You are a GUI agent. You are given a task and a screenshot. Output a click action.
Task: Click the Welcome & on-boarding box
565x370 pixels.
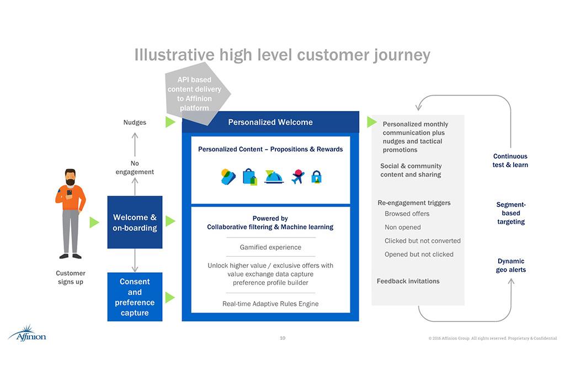coord(135,222)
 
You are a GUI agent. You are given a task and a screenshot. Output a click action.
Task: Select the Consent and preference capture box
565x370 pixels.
coord(135,297)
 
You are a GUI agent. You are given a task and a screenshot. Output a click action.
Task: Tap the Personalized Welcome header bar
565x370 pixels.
coord(270,122)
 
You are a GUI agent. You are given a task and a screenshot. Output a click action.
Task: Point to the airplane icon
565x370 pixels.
coord(298,176)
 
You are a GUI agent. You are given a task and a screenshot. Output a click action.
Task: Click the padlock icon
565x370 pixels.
coord(316,177)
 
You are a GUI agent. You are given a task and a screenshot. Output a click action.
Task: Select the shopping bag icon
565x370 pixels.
coord(250,177)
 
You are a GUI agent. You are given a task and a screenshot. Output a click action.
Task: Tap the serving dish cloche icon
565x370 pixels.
coord(274,177)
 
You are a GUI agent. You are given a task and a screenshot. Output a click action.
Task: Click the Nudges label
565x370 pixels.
coord(135,122)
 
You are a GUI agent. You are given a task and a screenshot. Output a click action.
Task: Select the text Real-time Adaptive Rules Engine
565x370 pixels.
coord(270,304)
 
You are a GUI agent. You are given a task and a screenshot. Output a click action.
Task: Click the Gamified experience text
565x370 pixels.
coord(270,247)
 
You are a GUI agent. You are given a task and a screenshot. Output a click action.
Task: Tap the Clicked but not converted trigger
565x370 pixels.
coord(422,241)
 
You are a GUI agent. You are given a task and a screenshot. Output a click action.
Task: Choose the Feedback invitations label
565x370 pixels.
coord(408,281)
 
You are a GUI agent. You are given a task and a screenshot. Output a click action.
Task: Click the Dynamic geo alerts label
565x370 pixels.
coord(511,266)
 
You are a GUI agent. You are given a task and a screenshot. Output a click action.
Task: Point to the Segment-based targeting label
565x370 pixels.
coord(511,213)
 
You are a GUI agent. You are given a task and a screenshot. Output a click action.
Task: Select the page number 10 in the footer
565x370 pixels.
coord(282,338)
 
